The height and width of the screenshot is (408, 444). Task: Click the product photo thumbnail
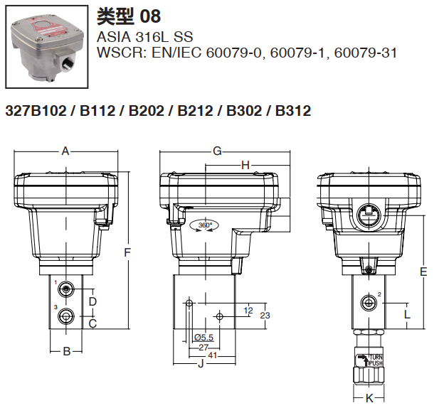point(46,45)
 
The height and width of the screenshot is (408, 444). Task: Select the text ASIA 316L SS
point(144,36)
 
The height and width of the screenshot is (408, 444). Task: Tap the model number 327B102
point(36,111)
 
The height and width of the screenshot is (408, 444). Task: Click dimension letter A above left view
point(65,151)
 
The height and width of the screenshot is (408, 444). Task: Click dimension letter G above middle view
point(218,151)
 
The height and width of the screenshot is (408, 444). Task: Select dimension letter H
point(245,165)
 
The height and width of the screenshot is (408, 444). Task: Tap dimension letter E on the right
point(423,272)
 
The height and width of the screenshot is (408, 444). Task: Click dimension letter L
point(407,313)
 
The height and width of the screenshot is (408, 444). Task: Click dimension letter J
point(201,365)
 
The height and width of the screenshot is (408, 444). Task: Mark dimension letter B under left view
point(66,350)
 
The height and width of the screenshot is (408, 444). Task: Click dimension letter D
point(92,302)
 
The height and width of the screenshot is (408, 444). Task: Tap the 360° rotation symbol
point(205,225)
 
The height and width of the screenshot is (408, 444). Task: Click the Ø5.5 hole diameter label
point(203,337)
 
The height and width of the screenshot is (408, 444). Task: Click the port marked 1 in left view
point(66,289)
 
